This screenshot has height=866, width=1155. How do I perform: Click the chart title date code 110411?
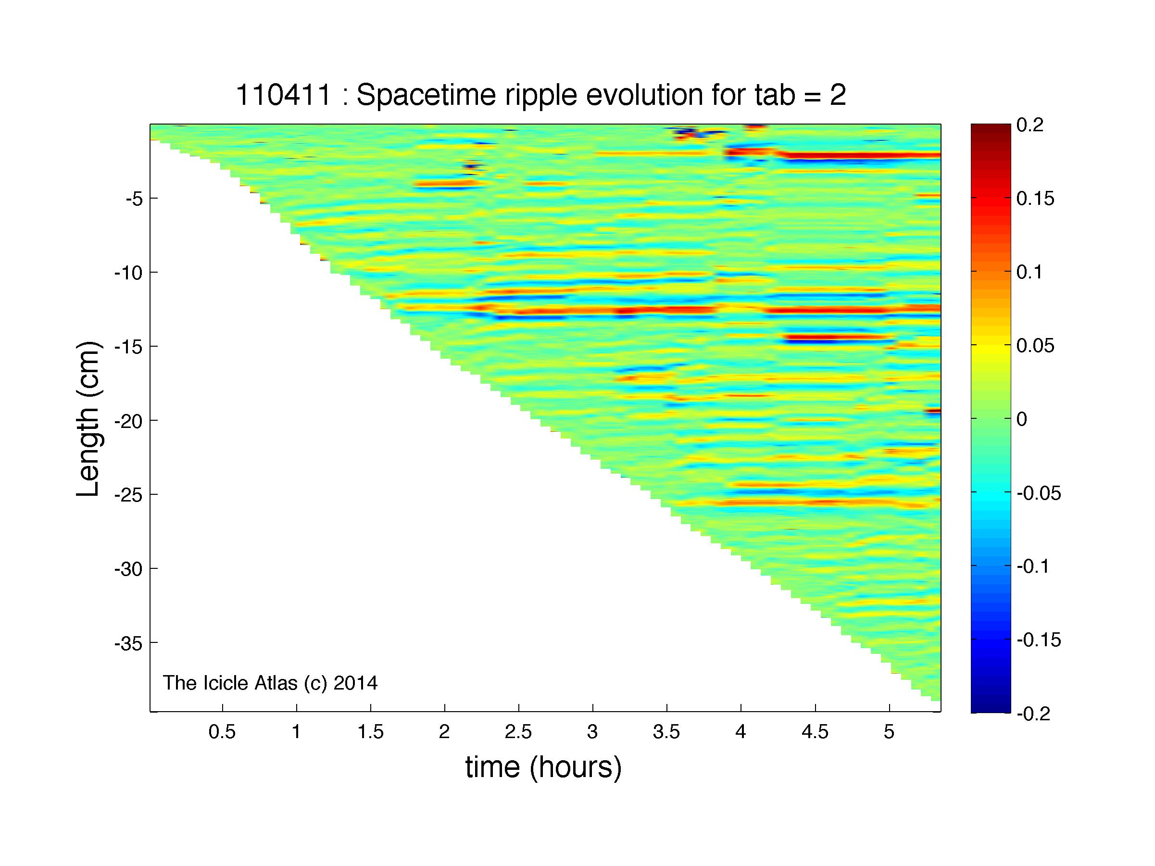click(284, 96)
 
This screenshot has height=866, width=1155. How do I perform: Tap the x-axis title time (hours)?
click(543, 768)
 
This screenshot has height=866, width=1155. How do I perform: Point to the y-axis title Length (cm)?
click(88, 419)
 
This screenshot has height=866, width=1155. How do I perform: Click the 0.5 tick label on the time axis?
click(223, 732)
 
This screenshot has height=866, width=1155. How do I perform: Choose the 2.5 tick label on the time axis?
click(518, 732)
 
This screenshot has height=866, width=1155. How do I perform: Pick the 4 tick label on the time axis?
click(741, 732)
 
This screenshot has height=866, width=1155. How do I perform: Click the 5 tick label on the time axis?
click(889, 732)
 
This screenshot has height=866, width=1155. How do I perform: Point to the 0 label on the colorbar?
click(1022, 419)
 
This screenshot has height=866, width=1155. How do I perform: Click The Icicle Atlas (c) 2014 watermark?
click(270, 683)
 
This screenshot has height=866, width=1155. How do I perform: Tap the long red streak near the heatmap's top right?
click(856, 155)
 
